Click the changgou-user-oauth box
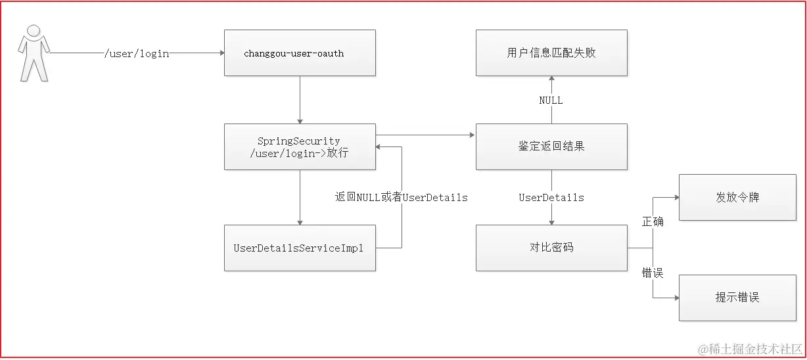pos(300,53)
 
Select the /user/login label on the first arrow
pos(137,53)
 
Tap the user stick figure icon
pos(33,53)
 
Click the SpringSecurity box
pos(300,146)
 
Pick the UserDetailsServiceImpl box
pos(300,248)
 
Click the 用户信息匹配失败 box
pos(551,53)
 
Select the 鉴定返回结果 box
pos(551,146)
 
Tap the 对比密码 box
pos(551,248)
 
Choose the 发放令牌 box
pos(737,197)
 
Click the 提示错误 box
pos(737,298)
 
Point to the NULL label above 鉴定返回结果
pos(551,101)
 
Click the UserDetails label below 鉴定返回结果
pos(551,197)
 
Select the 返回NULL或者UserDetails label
pos(402,197)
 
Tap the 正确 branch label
pos(653,222)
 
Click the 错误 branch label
pos(653,273)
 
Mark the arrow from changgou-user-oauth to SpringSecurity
pos(300,99)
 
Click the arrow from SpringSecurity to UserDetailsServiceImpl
pos(300,197)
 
